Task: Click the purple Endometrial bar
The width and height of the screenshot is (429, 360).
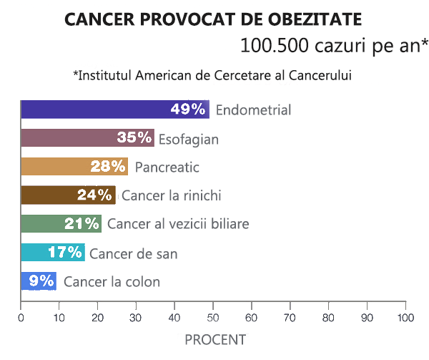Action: point(93,110)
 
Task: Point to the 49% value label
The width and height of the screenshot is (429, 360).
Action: point(188,110)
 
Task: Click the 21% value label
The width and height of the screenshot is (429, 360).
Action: point(82,224)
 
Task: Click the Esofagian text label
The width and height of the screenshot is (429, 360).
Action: point(188,138)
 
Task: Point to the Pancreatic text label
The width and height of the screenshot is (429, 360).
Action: point(167,167)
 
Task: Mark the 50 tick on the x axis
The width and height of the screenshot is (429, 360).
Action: point(213,317)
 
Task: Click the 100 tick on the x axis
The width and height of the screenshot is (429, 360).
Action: point(405,317)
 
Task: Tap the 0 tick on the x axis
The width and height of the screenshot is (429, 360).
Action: point(21,317)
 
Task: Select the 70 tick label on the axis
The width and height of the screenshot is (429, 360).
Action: point(290,317)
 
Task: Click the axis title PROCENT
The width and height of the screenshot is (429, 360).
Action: point(214,339)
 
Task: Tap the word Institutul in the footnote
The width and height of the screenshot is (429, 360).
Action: point(108,75)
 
